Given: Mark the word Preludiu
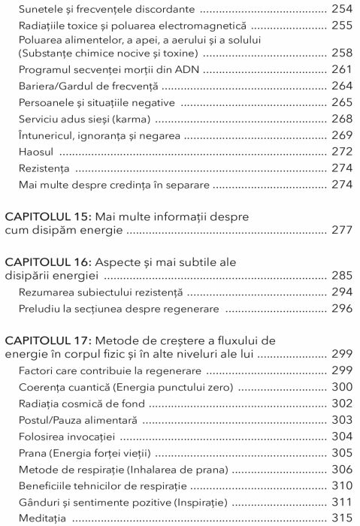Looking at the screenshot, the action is click(41, 308).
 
